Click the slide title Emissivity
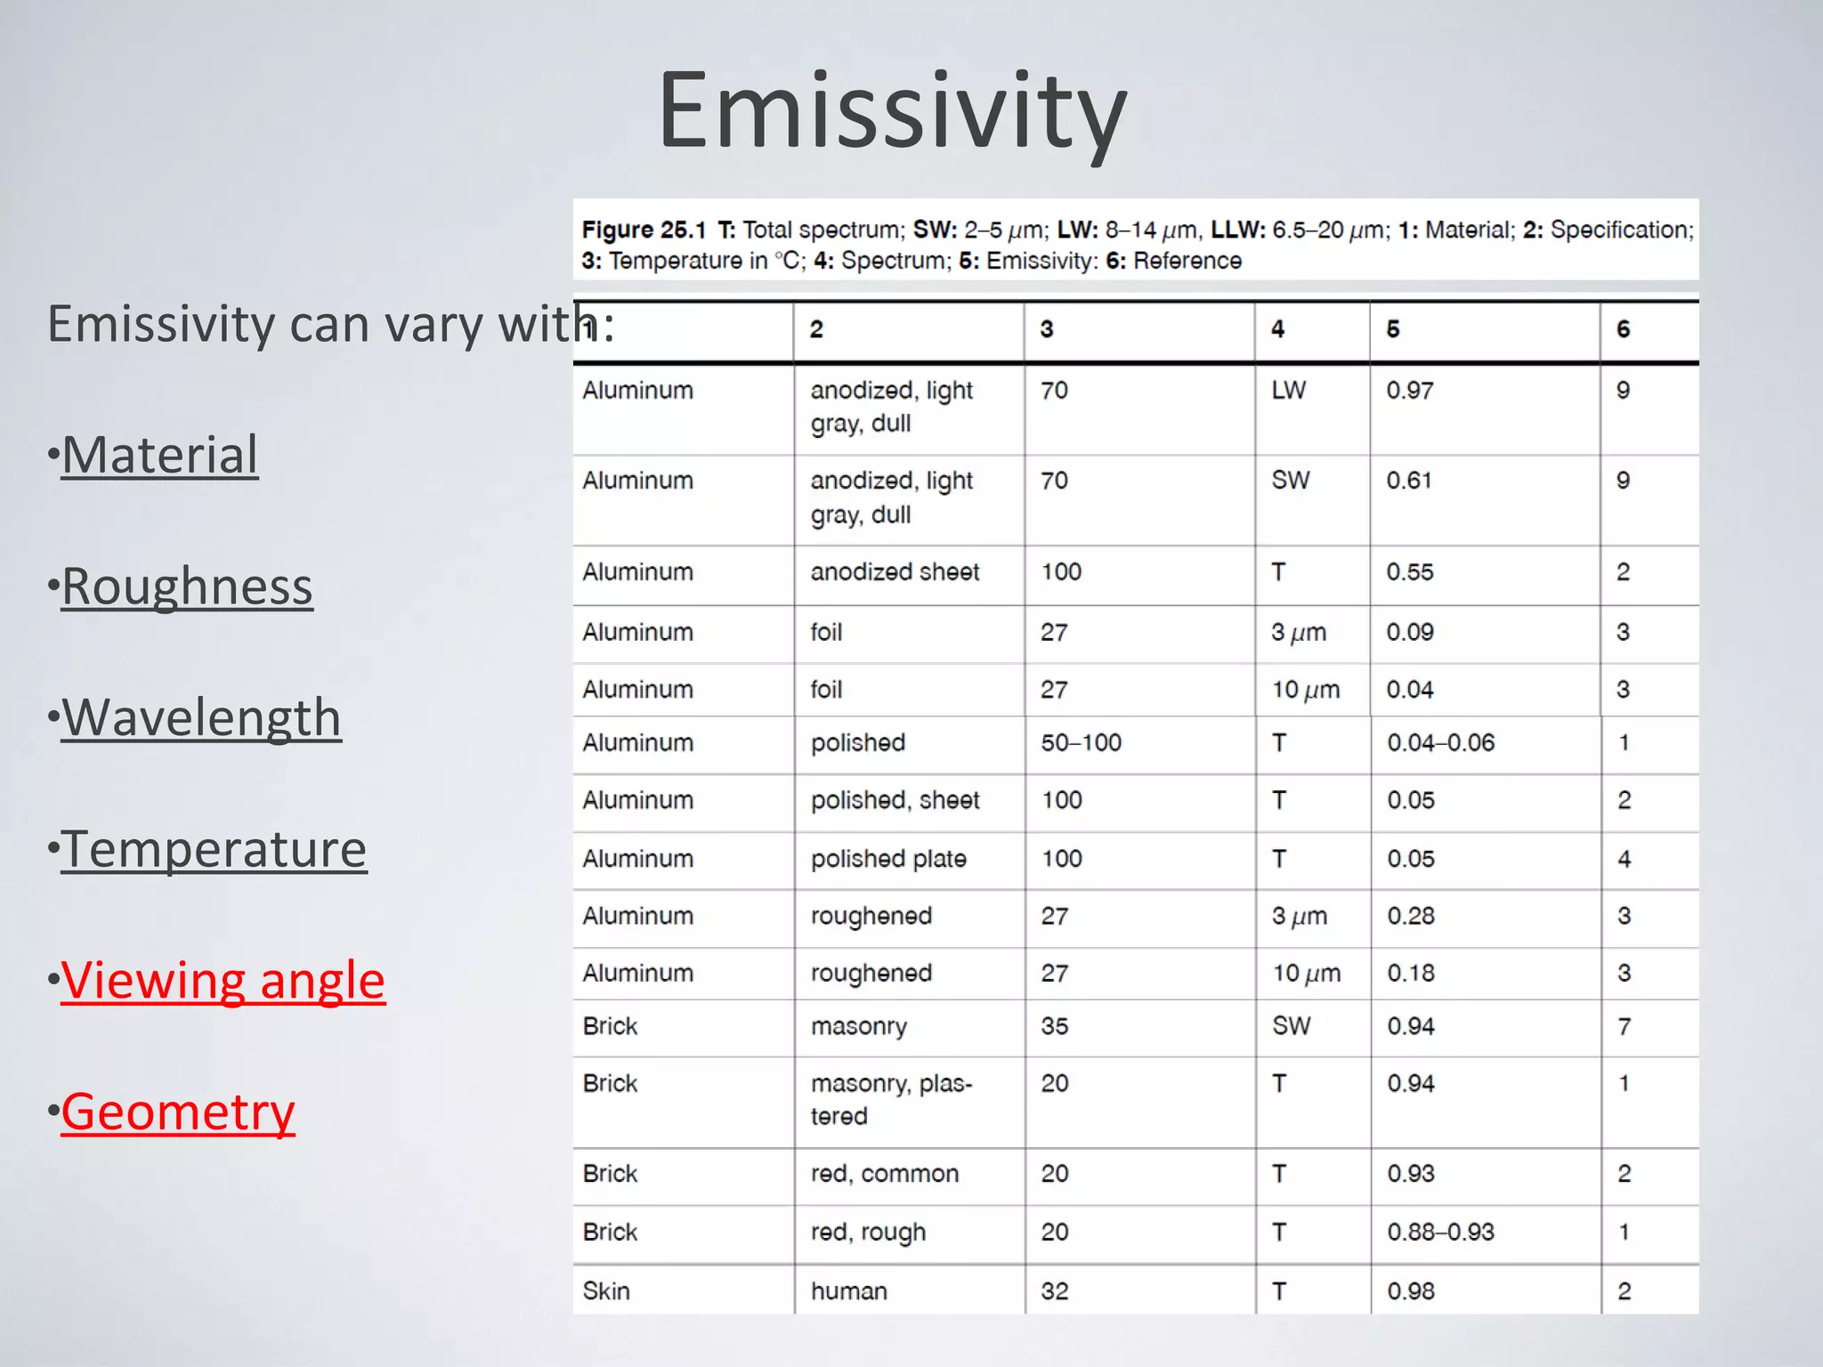pos(892,112)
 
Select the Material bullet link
pos(159,455)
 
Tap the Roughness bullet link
pos(187,586)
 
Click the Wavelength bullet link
pos(201,717)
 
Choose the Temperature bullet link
pos(214,849)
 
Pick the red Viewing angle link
pos(223,981)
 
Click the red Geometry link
pos(177,1112)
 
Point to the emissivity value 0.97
pos(1410,391)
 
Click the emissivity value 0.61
pos(1409,481)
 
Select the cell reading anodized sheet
pos(895,572)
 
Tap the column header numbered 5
pos(1393,329)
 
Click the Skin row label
pos(606,1291)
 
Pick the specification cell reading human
pos(848,1291)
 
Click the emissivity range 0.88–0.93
pos(1440,1233)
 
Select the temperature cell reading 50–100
pos(1081,743)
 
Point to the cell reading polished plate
pos(888,859)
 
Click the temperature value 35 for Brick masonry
pos(1055,1026)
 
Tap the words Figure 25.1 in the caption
pos(643,231)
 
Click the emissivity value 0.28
pos(1411,916)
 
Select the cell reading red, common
pos(885,1174)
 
